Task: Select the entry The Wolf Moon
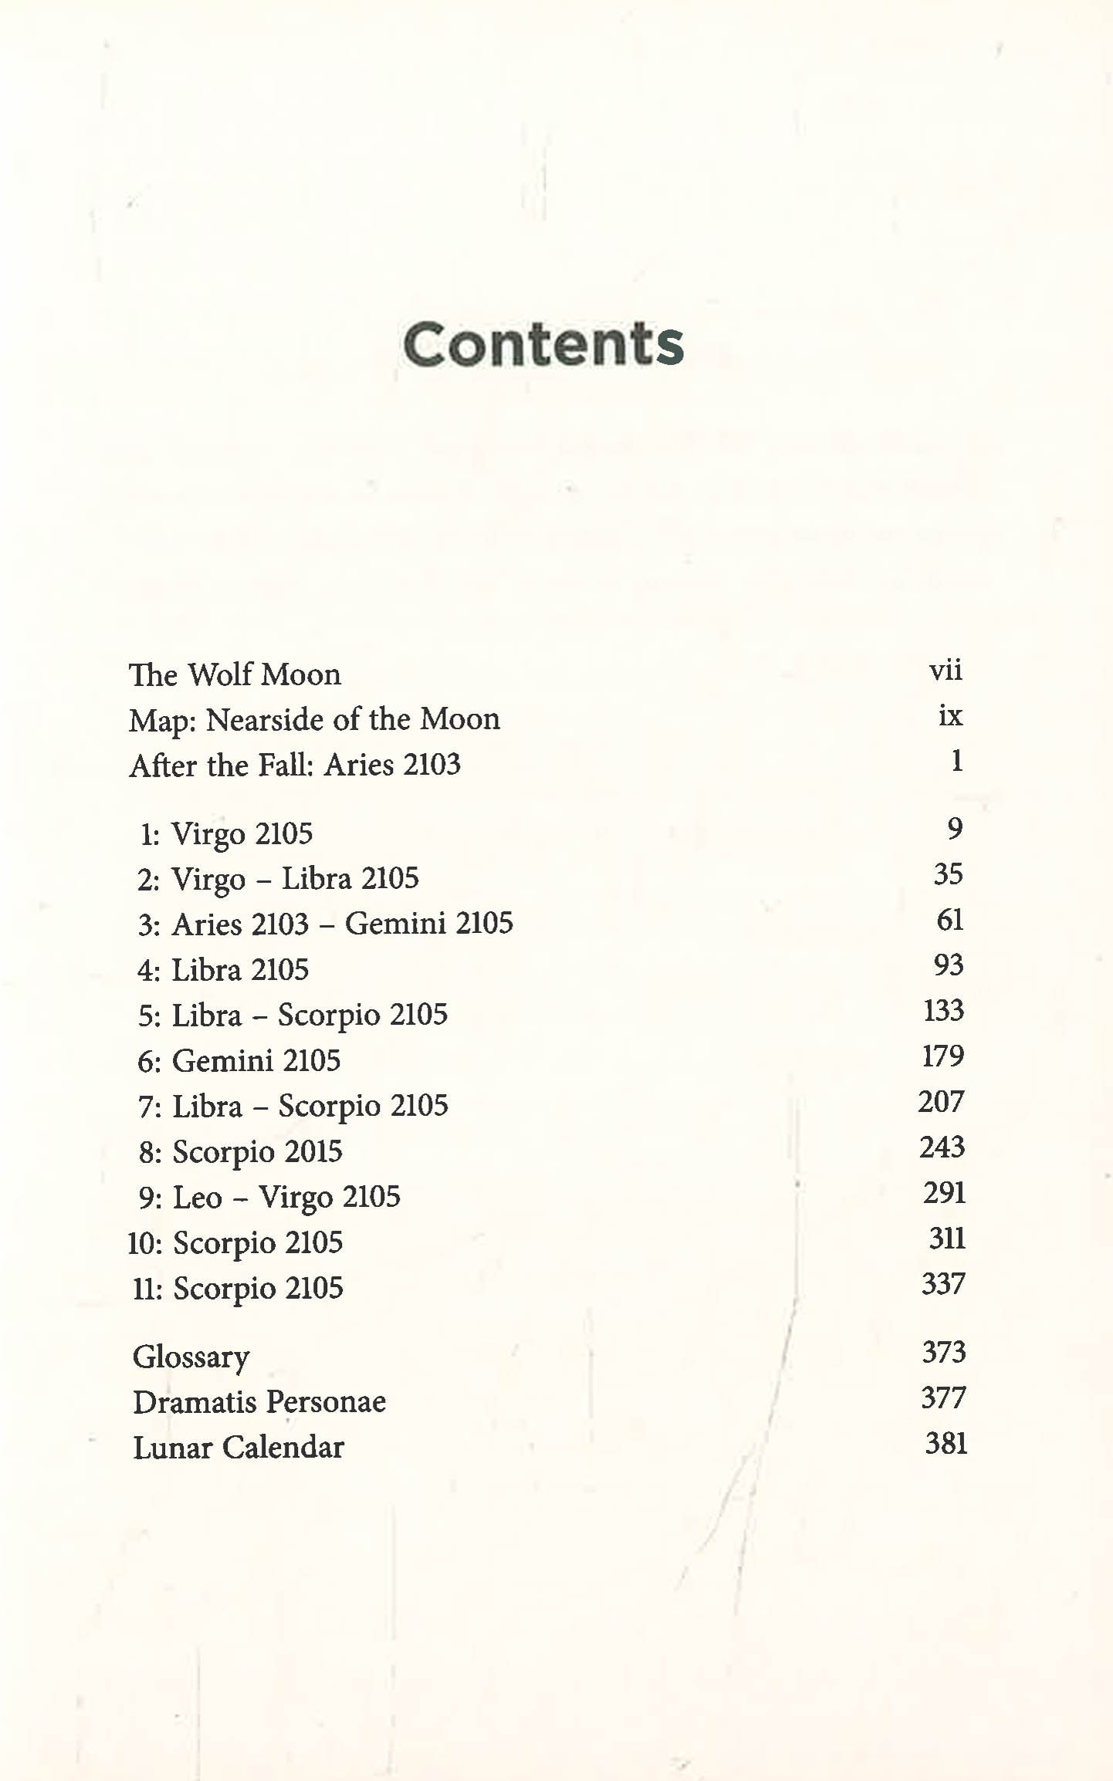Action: click(x=235, y=674)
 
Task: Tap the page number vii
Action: click(x=946, y=670)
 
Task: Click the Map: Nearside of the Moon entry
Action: click(x=314, y=720)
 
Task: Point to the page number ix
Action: click(x=950, y=715)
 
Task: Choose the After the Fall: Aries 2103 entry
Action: click(x=295, y=765)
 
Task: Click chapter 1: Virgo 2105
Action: click(x=226, y=833)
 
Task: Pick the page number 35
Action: click(x=948, y=874)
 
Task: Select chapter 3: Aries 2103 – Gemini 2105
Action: click(x=325, y=924)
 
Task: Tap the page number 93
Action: click(x=948, y=965)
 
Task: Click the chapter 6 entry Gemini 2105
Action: click(x=238, y=1061)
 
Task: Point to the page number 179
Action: click(x=943, y=1056)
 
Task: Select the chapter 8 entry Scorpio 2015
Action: click(x=240, y=1152)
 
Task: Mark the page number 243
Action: click(x=942, y=1147)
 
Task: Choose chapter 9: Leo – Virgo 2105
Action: click(x=269, y=1198)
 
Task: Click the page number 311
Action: click(x=947, y=1239)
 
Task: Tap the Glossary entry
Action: click(x=191, y=1357)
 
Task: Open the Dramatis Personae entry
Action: click(x=259, y=1402)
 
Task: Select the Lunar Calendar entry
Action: click(x=238, y=1448)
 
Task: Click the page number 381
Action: click(x=946, y=1443)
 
